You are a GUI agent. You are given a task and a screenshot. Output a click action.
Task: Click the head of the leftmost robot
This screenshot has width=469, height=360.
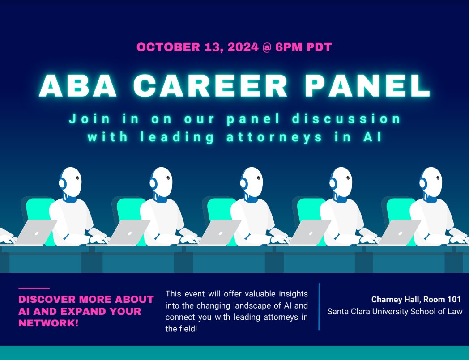click(x=72, y=181)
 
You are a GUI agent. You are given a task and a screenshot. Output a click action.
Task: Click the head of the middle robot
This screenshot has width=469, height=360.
click(x=252, y=181)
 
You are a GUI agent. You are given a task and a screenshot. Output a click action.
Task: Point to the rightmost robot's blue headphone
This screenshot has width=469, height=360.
click(x=422, y=183)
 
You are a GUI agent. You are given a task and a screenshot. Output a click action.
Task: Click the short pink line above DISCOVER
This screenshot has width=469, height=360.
click(x=34, y=288)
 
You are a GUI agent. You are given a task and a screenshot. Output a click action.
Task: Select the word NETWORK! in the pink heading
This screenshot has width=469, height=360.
click(x=49, y=323)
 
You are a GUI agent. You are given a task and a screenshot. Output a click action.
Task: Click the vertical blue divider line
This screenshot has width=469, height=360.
click(x=319, y=306)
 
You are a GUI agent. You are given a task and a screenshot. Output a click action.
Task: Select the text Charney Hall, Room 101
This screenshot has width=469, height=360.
click(x=416, y=300)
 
